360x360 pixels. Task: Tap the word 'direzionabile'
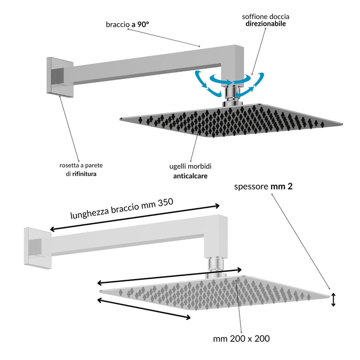point(264,24)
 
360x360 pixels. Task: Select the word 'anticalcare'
point(190,175)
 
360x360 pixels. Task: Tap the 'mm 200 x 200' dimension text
point(241,339)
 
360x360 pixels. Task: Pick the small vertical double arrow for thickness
point(333,299)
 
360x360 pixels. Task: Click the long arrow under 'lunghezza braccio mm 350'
point(135,218)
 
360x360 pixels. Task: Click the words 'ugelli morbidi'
point(190,166)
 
